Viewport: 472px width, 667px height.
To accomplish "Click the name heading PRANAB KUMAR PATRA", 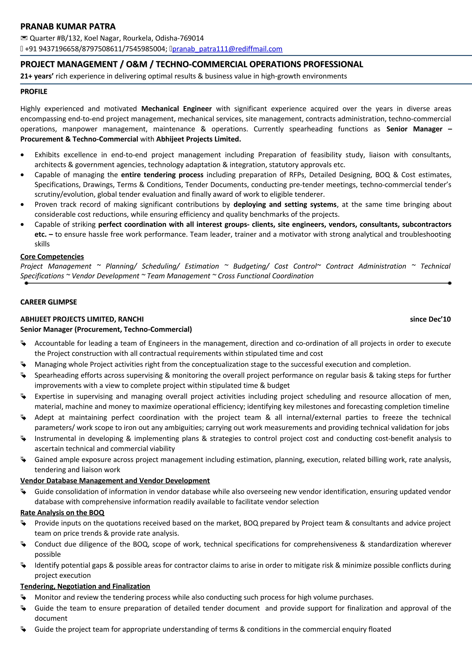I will click(x=68, y=26).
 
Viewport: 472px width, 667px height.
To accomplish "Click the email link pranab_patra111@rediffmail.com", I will click(x=227, y=49).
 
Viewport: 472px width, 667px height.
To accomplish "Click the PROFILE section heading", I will click(x=34, y=92).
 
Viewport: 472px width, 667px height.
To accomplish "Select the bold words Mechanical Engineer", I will click(x=176, y=109).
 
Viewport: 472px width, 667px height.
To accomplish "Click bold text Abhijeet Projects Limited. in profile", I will click(x=198, y=139).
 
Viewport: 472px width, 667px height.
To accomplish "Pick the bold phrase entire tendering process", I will click(x=162, y=175).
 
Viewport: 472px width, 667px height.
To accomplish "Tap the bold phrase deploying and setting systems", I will click(x=285, y=205).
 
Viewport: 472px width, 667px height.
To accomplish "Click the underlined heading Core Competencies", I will click(x=52, y=257).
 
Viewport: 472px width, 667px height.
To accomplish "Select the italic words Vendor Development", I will click(x=105, y=276).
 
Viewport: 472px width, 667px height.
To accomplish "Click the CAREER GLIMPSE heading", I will click(x=49, y=302).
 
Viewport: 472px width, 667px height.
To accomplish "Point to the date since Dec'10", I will click(x=430, y=319).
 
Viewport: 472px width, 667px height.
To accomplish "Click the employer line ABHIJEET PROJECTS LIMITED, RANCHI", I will click(x=82, y=319).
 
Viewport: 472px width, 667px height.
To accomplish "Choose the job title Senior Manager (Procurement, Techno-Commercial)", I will click(x=106, y=329).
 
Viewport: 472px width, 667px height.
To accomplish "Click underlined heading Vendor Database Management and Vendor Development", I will click(x=115, y=481).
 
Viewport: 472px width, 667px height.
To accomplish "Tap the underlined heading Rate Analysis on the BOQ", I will click(x=62, y=513).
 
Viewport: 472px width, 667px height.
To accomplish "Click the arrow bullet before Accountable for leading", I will click(x=24, y=344).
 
